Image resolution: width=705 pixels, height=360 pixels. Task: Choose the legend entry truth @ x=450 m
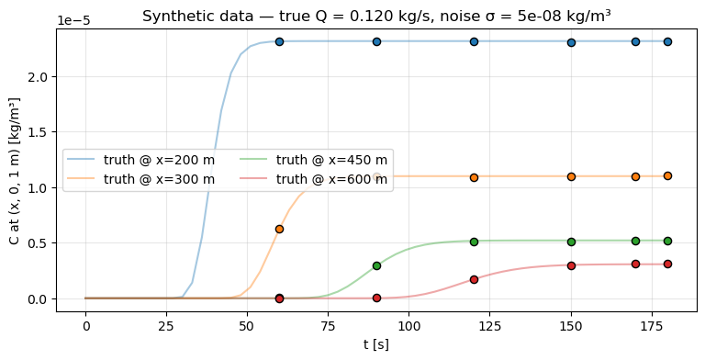tap(331, 160)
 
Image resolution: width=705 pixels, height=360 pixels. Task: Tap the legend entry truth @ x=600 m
tap(331, 179)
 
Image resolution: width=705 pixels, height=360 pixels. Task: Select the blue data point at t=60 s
tap(279, 41)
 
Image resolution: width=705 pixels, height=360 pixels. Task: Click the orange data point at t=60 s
tap(279, 229)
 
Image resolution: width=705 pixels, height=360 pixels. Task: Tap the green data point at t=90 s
tap(376, 265)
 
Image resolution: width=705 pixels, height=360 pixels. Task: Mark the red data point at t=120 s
tap(474, 279)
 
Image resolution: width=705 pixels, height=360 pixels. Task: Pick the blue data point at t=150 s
tap(571, 42)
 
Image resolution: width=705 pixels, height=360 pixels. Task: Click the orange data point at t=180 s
tap(667, 175)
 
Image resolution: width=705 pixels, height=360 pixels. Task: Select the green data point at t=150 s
tap(571, 242)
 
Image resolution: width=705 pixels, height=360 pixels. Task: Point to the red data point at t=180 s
tap(667, 264)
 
